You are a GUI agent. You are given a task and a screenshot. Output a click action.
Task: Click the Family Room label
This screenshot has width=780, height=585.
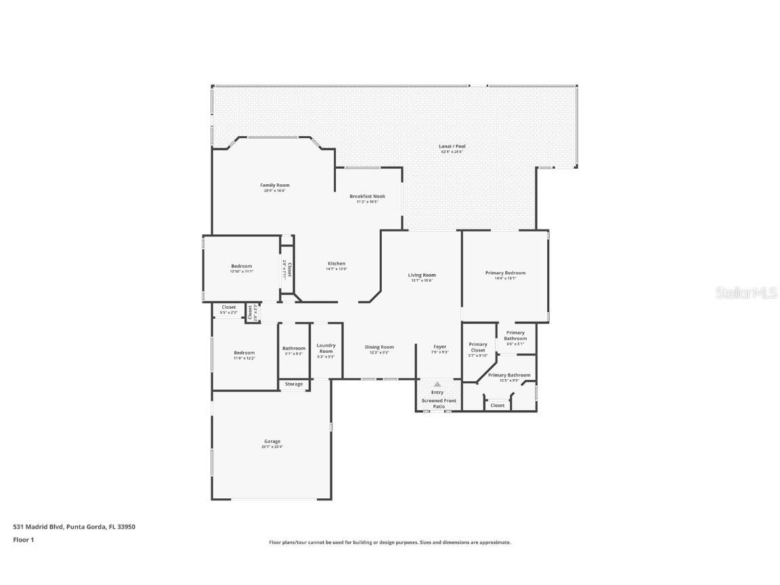tap(275, 185)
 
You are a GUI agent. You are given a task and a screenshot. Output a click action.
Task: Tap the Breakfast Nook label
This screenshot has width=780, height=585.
tap(367, 196)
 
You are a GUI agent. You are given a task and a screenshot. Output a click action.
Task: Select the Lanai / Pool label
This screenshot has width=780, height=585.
tap(453, 146)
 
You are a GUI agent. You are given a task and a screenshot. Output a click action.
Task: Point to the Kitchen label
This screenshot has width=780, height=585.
tap(337, 263)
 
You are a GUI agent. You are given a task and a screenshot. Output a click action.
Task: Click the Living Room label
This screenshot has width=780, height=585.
tap(422, 275)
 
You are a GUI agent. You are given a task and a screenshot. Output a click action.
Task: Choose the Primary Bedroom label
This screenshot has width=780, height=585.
tap(505, 273)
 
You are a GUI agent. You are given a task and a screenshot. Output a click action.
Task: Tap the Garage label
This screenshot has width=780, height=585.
tap(272, 441)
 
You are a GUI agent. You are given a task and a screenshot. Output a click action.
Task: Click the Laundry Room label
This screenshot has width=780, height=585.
tap(326, 349)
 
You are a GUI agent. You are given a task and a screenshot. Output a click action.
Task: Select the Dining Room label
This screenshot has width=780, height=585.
tap(379, 347)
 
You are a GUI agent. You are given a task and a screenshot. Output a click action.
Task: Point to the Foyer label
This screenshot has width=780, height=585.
tap(439, 347)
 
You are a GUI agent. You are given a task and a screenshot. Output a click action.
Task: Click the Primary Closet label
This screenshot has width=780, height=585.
tap(478, 347)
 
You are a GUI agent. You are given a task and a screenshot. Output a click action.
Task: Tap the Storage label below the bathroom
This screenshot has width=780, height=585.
tap(294, 384)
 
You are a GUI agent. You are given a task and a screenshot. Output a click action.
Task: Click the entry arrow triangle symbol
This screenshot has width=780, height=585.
tap(437, 384)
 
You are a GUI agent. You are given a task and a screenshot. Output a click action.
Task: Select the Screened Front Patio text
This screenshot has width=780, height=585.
tap(439, 404)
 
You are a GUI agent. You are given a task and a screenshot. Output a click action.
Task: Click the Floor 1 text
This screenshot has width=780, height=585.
tap(23, 540)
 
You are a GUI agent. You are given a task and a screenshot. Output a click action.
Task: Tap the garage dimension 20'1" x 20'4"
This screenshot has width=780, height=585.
tap(272, 447)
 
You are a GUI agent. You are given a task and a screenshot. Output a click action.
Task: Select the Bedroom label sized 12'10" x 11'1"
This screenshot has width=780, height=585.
tap(242, 266)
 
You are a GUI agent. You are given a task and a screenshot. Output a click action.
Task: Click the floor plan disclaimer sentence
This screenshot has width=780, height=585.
tap(390, 542)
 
